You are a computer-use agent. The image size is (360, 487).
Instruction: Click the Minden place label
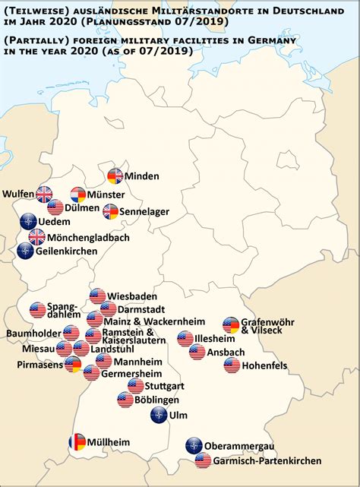click(142, 176)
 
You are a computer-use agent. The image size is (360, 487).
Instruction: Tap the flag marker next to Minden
click(115, 176)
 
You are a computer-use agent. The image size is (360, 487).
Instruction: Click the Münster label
click(108, 194)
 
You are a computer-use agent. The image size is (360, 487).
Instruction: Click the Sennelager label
click(146, 211)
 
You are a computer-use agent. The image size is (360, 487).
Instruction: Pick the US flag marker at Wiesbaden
click(97, 296)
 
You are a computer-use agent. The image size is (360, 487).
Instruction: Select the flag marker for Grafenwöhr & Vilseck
click(230, 324)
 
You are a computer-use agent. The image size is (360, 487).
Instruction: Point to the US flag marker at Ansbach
click(197, 352)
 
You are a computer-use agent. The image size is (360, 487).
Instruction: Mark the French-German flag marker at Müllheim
click(77, 441)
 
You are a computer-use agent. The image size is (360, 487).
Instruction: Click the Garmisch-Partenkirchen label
click(267, 460)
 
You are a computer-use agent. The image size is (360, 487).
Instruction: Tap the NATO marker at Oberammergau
click(194, 446)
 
